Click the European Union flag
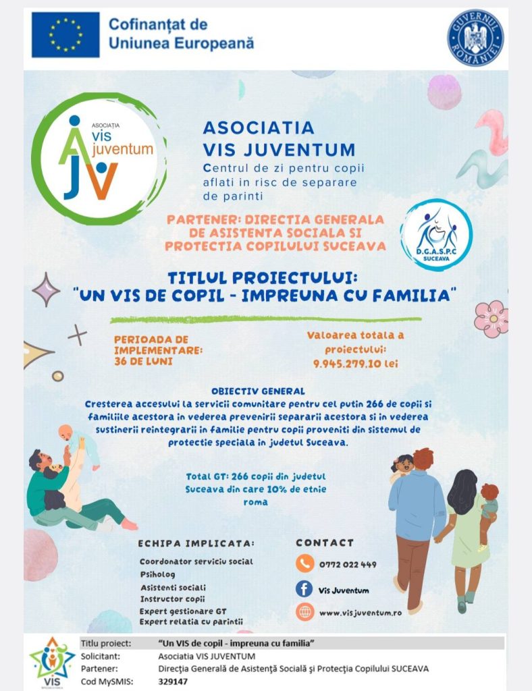(65, 34)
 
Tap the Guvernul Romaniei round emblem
(475, 37)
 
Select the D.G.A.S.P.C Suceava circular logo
(436, 235)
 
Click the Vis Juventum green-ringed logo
(99, 159)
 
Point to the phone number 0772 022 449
(347, 564)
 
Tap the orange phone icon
(305, 563)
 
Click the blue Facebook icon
(305, 589)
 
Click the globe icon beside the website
(305, 612)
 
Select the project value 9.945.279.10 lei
(355, 363)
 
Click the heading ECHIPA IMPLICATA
(196, 543)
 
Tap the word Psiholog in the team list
(157, 574)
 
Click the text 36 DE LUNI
(142, 361)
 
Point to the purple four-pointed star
(47, 289)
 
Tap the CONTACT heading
(325, 543)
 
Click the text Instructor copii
(173, 599)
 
